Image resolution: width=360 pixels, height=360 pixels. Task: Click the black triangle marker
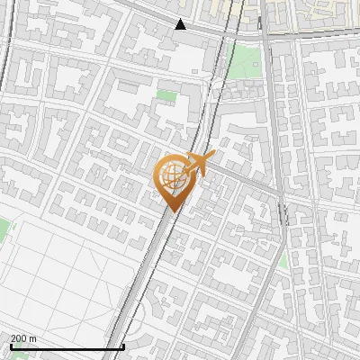pyautogui.click(x=181, y=24)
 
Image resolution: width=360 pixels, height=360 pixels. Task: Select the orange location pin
pyautogui.click(x=172, y=181)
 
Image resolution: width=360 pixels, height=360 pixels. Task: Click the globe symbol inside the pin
pyautogui.click(x=171, y=176)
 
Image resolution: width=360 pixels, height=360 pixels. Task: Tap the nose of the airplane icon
pyautogui.click(x=212, y=155)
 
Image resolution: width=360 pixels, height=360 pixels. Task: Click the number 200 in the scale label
pyautogui.click(x=19, y=339)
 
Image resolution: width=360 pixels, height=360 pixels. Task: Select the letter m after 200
pyautogui.click(x=33, y=339)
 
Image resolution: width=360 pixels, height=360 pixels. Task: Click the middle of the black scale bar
pyautogui.click(x=67, y=347)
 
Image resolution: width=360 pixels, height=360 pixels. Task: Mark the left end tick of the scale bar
pyautogui.click(x=10, y=346)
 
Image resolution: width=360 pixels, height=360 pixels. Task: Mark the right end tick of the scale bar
pyautogui.click(x=123, y=346)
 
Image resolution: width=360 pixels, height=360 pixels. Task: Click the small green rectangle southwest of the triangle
pyautogui.click(x=166, y=94)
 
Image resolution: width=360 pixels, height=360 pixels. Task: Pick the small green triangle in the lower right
pyautogui.click(x=283, y=260)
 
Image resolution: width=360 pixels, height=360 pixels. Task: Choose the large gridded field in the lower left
pyautogui.click(x=63, y=274)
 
